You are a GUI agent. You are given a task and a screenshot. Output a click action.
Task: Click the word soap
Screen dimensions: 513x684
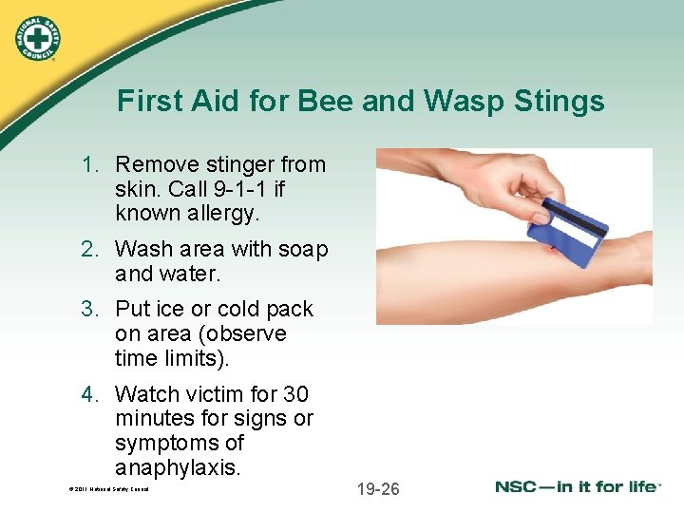(x=303, y=249)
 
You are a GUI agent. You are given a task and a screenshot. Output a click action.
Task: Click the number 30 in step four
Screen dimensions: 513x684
(x=295, y=394)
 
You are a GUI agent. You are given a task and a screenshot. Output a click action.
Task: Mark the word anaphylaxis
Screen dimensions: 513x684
(x=178, y=468)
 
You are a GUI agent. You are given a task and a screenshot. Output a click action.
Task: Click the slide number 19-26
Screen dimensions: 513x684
(x=378, y=489)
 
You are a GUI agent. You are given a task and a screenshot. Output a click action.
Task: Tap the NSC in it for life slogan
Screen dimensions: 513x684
(x=576, y=487)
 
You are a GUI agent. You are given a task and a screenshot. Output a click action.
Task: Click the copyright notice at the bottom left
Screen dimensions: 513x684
(x=108, y=489)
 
